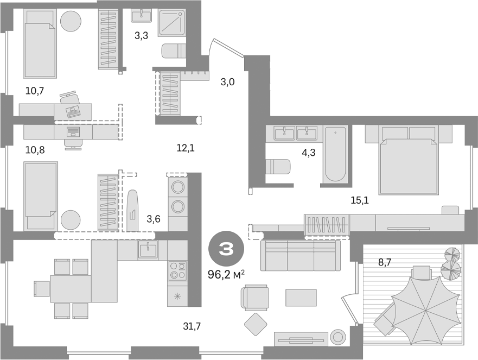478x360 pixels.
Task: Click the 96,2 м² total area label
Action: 227,274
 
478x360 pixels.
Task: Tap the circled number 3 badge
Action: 226,249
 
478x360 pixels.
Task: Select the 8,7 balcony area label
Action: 385,262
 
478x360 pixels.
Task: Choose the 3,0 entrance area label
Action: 227,82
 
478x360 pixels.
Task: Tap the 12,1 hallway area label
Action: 185,147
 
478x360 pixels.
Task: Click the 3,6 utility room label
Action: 154,219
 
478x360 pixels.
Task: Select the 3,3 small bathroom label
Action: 142,37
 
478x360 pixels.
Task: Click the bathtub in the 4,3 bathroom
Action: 334,154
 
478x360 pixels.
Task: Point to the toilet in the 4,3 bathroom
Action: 278,166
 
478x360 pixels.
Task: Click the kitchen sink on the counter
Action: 148,250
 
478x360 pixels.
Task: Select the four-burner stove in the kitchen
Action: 177,270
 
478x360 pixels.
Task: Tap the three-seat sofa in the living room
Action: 300,255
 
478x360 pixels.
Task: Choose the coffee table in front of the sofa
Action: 301,297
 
